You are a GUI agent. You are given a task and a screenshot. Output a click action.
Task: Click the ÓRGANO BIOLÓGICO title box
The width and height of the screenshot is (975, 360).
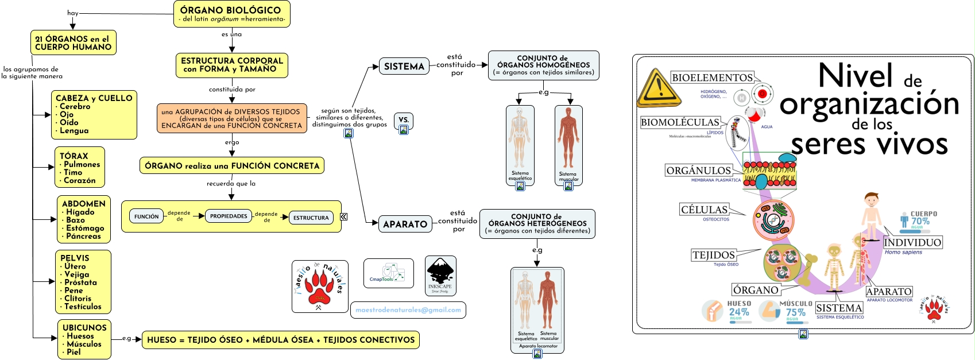coord(231,14)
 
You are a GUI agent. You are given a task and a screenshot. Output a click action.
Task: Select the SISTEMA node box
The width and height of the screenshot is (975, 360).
coord(404,67)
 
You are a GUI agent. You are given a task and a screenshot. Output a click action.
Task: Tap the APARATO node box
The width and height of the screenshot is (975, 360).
coord(405,224)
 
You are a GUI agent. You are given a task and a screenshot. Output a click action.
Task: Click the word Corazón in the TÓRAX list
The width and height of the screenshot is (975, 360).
coord(80,180)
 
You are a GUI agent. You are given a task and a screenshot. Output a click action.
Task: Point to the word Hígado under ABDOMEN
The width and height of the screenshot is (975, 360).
coord(80,212)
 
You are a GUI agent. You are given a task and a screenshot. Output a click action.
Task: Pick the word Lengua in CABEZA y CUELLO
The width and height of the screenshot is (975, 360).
coord(74,130)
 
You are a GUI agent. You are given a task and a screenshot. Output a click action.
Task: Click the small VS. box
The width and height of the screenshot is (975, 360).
coord(404,121)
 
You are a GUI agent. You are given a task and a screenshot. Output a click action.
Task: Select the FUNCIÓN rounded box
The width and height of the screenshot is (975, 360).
coord(146,216)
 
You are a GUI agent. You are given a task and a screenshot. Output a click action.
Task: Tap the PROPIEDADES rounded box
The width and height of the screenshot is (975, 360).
coord(229,216)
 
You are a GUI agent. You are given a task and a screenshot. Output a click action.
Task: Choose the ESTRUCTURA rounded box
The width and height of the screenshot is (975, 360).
coord(311,218)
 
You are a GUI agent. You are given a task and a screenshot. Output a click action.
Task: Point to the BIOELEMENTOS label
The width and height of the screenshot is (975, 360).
coord(712,78)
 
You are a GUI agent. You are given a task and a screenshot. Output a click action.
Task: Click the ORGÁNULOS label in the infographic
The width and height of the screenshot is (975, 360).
coord(698,171)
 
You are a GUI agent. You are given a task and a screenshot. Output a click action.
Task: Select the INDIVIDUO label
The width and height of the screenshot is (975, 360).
coord(912,242)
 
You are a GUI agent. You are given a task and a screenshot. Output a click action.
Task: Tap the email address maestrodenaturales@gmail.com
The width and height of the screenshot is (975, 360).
coord(408,310)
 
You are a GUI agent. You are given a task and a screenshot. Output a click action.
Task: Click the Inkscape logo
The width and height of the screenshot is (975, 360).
coord(440,276)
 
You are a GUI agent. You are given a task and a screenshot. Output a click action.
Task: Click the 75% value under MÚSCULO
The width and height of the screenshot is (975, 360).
coord(795,312)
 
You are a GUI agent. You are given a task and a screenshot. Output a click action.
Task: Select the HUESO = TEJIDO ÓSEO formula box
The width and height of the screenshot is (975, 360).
coord(281,340)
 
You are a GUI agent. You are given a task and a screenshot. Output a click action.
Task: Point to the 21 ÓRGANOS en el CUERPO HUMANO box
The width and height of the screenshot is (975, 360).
coord(73,43)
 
